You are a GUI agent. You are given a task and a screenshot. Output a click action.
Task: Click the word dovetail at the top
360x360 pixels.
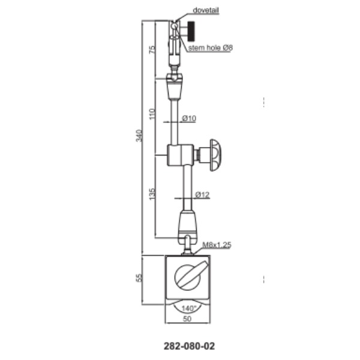coord(206,10)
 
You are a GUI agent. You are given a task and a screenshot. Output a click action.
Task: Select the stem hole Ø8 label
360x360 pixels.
coord(211,48)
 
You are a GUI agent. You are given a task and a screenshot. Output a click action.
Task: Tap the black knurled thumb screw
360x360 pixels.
coord(191,31)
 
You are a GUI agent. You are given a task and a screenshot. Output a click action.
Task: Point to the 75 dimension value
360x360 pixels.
coord(152,50)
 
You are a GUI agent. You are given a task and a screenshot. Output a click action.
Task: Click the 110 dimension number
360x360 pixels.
coord(152,114)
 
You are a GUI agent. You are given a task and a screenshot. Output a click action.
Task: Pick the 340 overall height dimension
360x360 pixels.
coord(139,136)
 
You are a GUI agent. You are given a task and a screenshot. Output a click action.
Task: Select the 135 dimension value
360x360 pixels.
coord(152,194)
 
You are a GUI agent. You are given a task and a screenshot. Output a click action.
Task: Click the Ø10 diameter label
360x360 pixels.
coord(189,118)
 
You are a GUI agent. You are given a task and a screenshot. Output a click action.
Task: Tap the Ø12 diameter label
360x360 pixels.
coord(202,194)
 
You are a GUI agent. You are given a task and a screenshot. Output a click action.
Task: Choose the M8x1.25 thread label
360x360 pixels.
coord(217,245)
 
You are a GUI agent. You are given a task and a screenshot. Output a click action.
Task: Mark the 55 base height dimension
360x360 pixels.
coord(139,278)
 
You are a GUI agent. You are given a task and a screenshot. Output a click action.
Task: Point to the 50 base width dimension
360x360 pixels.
coord(187,319)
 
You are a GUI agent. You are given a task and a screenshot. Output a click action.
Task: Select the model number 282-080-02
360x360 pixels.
coord(189,346)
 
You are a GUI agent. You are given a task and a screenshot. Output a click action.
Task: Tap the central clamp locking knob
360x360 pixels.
coord(216,155)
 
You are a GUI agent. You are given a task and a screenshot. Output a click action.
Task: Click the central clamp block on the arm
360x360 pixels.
coord(181,155)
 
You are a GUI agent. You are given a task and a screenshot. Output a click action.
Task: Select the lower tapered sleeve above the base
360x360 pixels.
coord(188,224)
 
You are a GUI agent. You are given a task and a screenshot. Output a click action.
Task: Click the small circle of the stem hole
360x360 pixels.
coord(175,26)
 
